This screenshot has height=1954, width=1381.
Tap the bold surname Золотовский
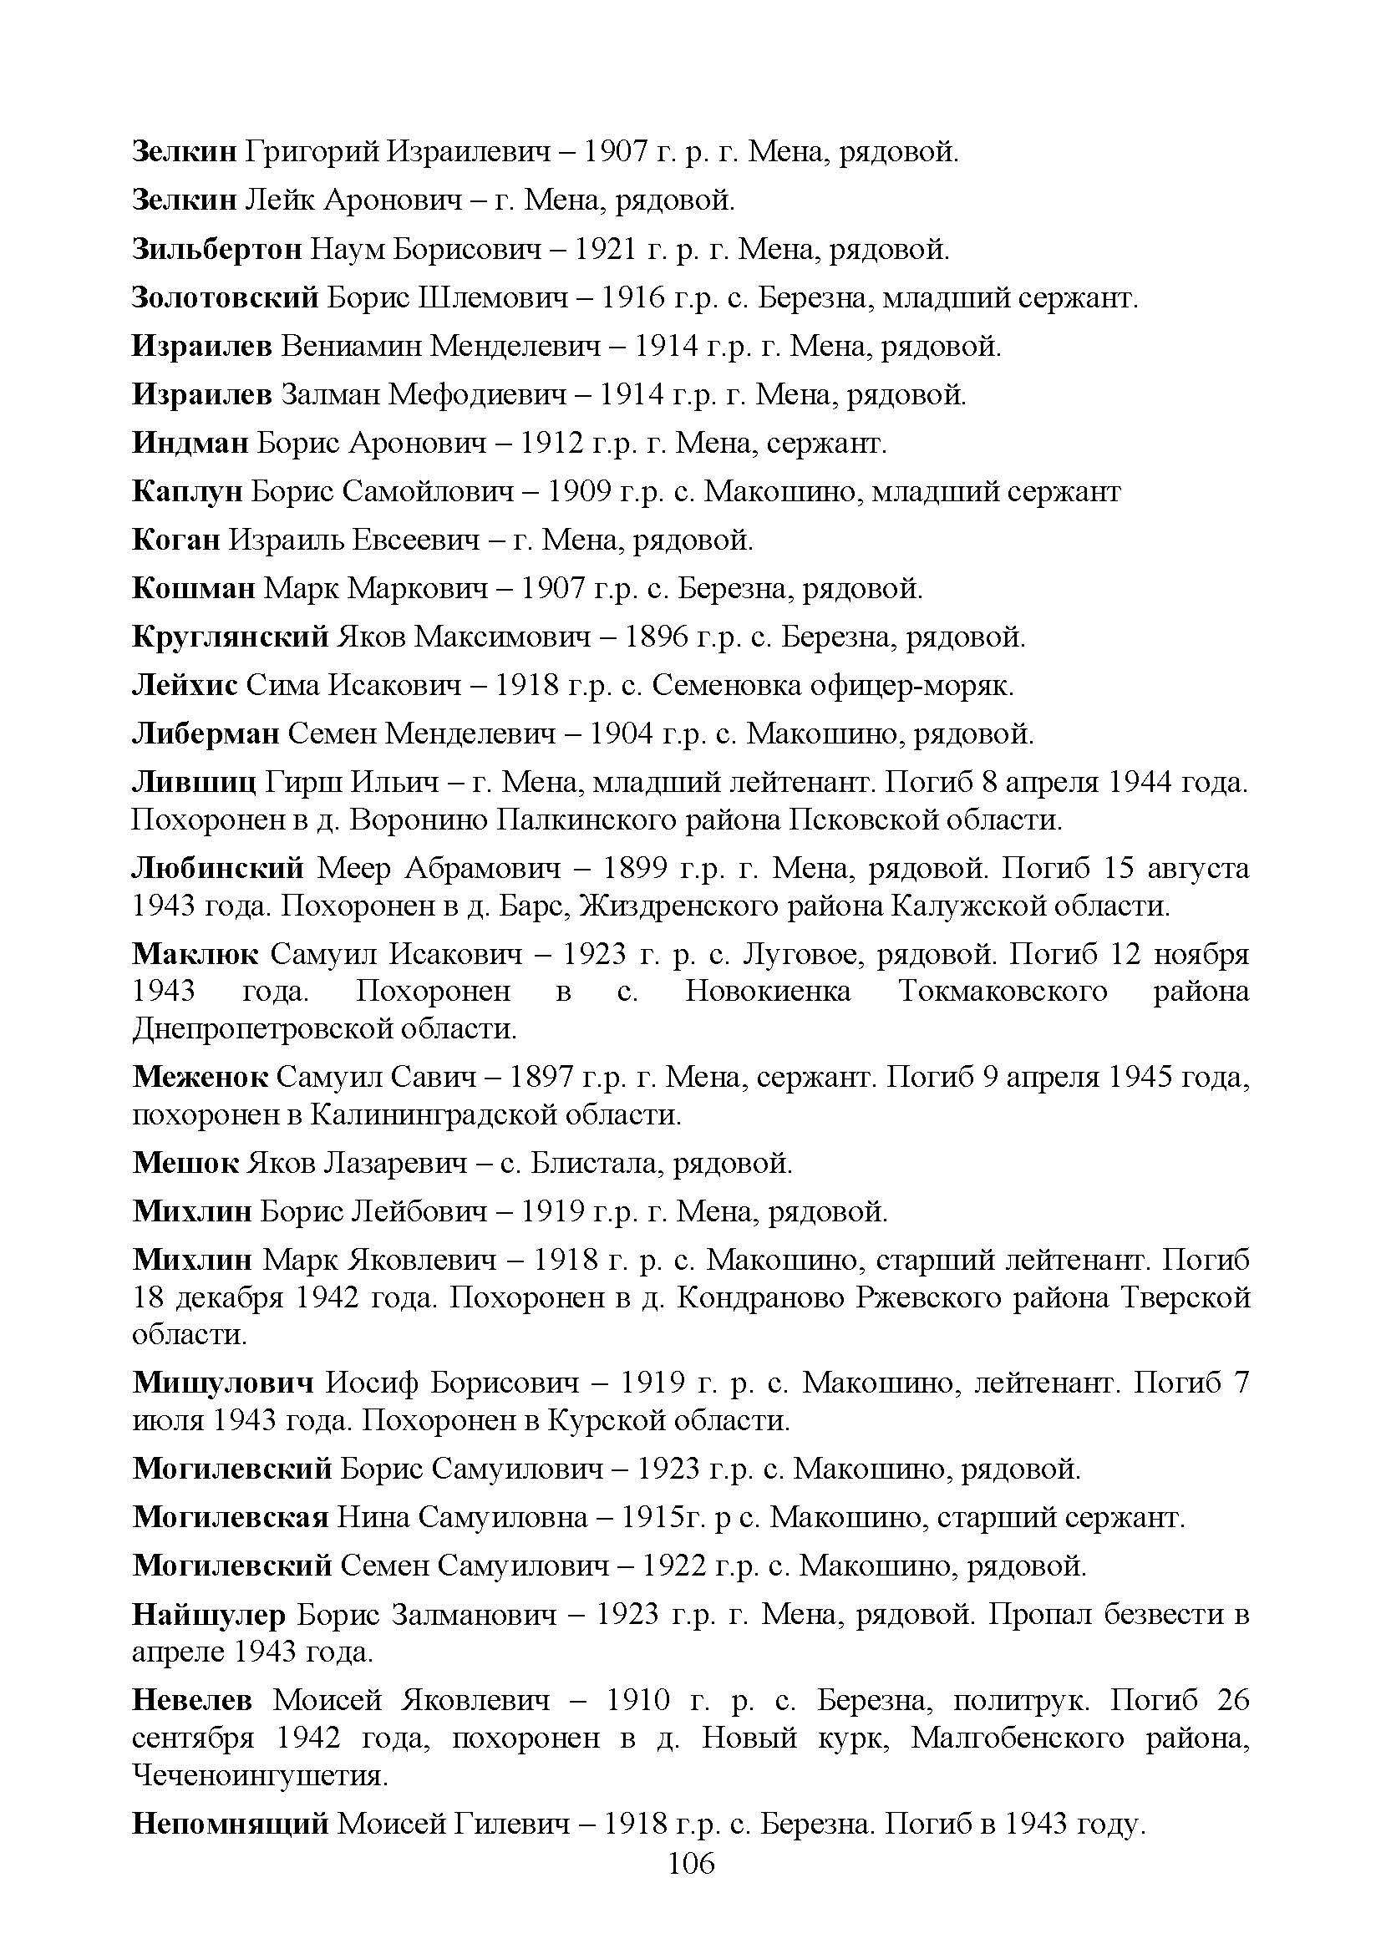[226, 298]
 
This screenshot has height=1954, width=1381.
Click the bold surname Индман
[190, 443]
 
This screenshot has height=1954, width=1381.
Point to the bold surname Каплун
[187, 491]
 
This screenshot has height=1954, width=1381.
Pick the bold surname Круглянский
[230, 637]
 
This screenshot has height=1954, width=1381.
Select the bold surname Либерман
[205, 733]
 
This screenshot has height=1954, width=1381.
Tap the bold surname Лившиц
[194, 782]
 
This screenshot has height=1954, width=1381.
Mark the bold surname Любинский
[218, 868]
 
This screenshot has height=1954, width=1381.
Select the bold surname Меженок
[200, 1078]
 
